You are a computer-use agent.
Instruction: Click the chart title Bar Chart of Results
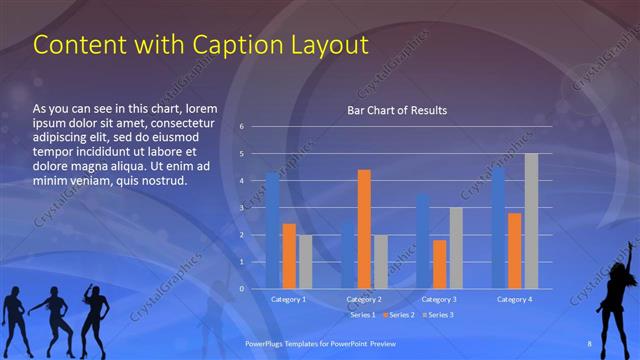coord(396,110)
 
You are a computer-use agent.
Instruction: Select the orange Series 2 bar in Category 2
coord(364,229)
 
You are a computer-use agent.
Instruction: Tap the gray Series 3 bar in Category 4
coord(531,221)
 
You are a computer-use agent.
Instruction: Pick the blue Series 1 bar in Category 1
coord(272,230)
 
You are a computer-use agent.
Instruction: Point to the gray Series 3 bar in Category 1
coord(306,262)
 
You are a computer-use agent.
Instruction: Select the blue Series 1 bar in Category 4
coord(497,228)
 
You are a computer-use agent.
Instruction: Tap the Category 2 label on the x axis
coord(364,299)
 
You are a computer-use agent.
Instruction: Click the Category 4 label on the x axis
coord(514,299)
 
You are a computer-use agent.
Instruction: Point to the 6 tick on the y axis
coord(241,127)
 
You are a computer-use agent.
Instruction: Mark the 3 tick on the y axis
coord(241,208)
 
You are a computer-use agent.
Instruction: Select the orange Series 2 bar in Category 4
coord(514,251)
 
